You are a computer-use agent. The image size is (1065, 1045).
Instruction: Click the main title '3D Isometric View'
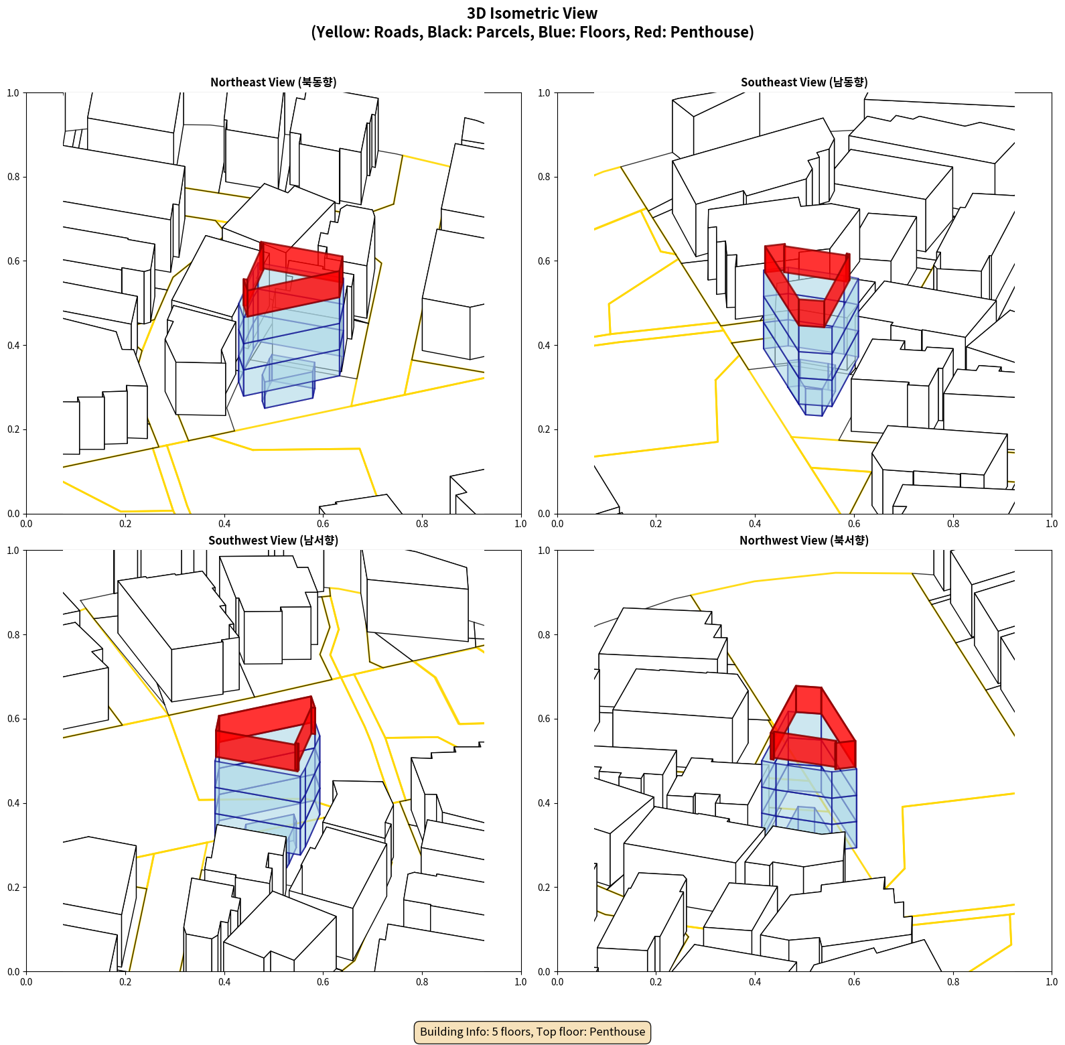(x=532, y=13)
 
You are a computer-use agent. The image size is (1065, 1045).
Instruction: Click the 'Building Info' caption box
(x=532, y=1032)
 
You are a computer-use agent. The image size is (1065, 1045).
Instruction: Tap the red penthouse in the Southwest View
(x=265, y=734)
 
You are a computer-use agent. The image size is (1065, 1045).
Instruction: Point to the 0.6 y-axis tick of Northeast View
(x=13, y=261)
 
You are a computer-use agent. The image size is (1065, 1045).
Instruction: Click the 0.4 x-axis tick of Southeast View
(x=755, y=524)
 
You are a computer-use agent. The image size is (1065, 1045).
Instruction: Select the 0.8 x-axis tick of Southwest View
(x=422, y=982)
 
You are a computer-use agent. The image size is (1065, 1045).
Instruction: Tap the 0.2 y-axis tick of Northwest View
(x=544, y=888)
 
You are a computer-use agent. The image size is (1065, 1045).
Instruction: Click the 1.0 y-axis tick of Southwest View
(x=13, y=551)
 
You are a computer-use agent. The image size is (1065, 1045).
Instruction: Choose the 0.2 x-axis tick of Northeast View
(x=125, y=524)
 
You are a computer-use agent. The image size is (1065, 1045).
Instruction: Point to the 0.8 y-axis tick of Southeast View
(x=544, y=177)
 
